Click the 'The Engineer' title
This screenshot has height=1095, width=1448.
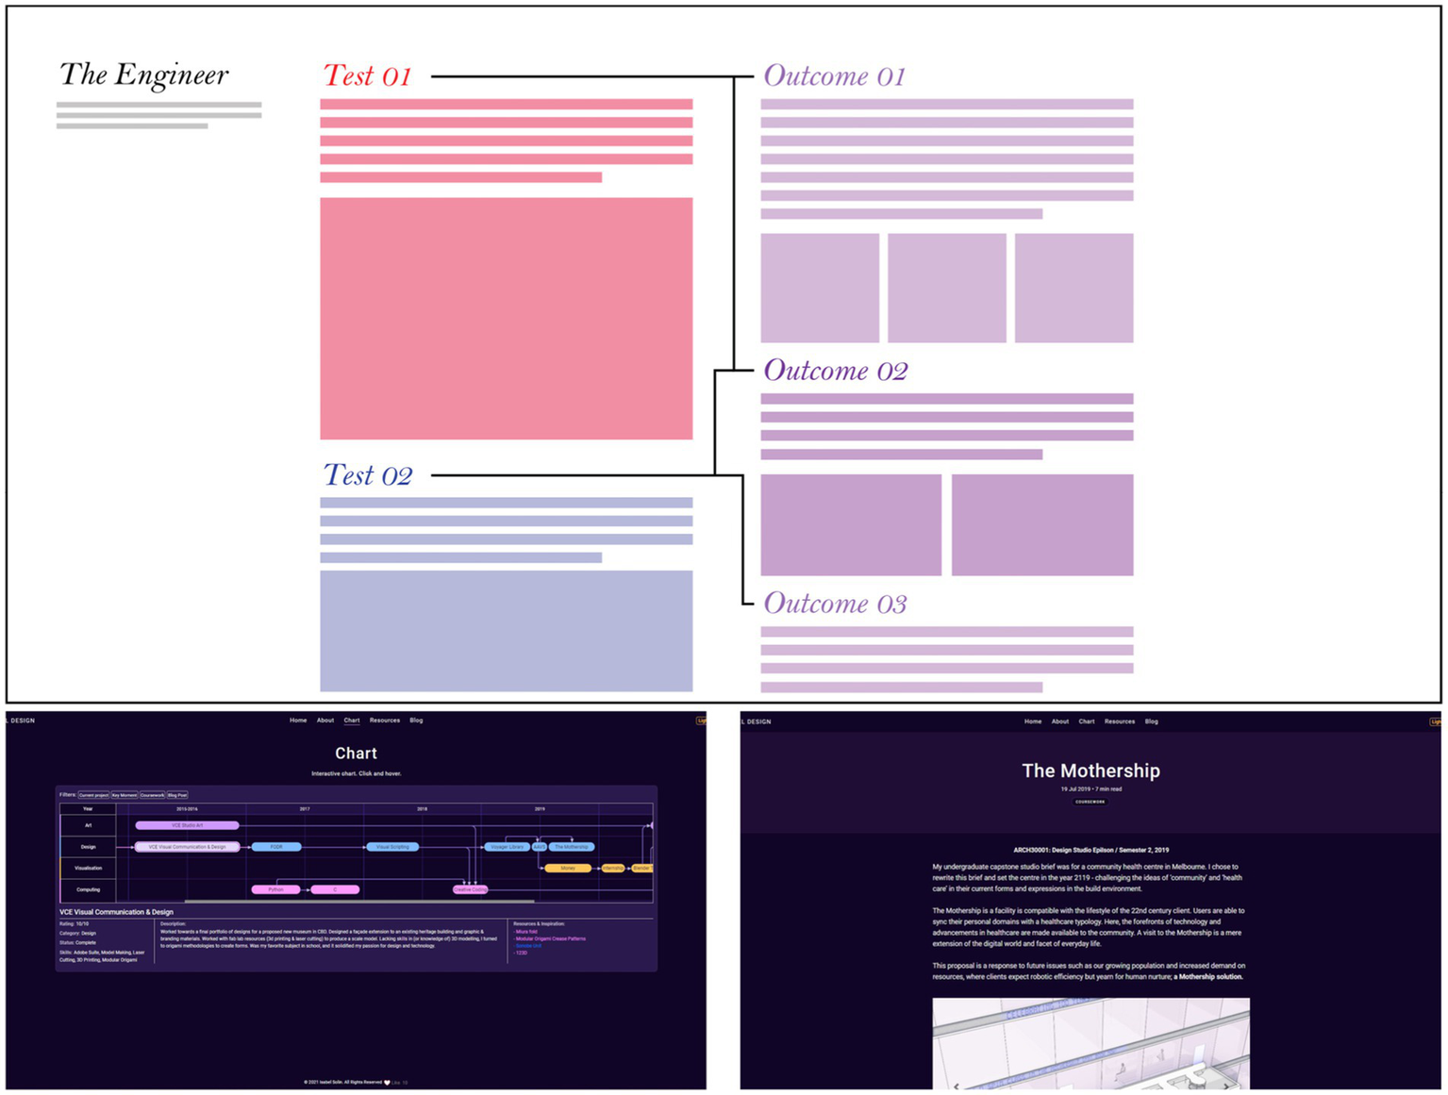143,75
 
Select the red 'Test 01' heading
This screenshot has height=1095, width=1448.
367,76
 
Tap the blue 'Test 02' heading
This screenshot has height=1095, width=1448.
367,475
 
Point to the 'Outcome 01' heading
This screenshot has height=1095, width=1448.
834,76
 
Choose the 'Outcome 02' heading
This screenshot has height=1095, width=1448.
835,371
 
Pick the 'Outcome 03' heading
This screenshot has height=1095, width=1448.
835,604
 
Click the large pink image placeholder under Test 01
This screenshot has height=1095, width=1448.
506,318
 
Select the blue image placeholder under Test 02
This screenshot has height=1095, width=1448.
506,630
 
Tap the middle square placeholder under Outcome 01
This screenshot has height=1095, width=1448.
946,288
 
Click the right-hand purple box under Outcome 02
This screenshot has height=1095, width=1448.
1041,524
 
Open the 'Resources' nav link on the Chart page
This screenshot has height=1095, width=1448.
384,721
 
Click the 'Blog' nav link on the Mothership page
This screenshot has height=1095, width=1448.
1151,722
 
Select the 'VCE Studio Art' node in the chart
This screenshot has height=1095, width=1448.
187,825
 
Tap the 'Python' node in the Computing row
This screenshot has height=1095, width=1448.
275,889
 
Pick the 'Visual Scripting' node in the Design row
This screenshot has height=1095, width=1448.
392,847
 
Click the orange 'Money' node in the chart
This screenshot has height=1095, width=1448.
567,868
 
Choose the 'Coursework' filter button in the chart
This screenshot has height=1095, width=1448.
152,795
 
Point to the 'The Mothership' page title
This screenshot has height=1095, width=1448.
1090,771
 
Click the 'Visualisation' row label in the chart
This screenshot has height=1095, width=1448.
88,868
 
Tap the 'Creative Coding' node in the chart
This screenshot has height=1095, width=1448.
470,889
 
